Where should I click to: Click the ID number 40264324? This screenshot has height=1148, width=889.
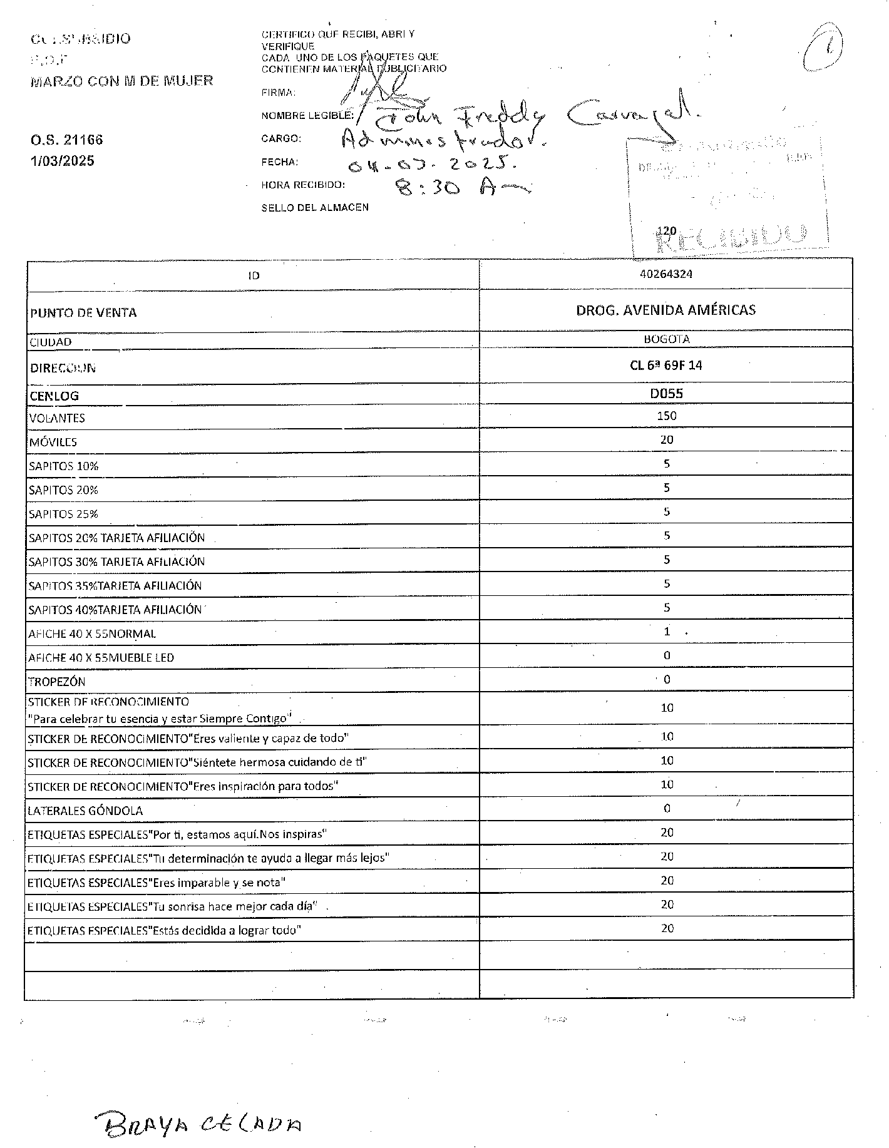click(666, 274)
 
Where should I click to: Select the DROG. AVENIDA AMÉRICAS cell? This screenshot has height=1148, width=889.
click(665, 310)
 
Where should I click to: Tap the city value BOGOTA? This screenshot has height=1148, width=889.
click(666, 339)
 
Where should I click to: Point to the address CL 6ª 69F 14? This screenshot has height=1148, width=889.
click(665, 366)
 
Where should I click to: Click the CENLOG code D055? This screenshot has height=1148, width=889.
click(666, 393)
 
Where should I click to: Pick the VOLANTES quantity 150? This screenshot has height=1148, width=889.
click(667, 416)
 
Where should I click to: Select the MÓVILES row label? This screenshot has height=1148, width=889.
click(53, 442)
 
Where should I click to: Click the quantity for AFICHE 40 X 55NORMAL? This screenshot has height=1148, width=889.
click(667, 632)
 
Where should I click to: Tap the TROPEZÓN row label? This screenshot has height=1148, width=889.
click(56, 682)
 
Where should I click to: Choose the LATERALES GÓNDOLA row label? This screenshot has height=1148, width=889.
click(85, 811)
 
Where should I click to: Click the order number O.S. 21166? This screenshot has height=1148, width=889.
click(66, 140)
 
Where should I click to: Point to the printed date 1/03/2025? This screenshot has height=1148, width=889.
click(63, 161)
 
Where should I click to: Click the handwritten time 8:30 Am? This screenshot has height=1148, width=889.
click(460, 187)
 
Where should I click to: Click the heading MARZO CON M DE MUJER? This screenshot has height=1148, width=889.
click(121, 81)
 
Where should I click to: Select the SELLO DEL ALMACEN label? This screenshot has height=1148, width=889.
click(315, 208)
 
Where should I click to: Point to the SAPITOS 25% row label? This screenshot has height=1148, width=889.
click(63, 514)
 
